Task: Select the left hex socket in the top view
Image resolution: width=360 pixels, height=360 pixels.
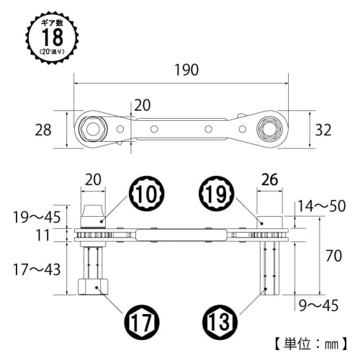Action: (93, 130)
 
